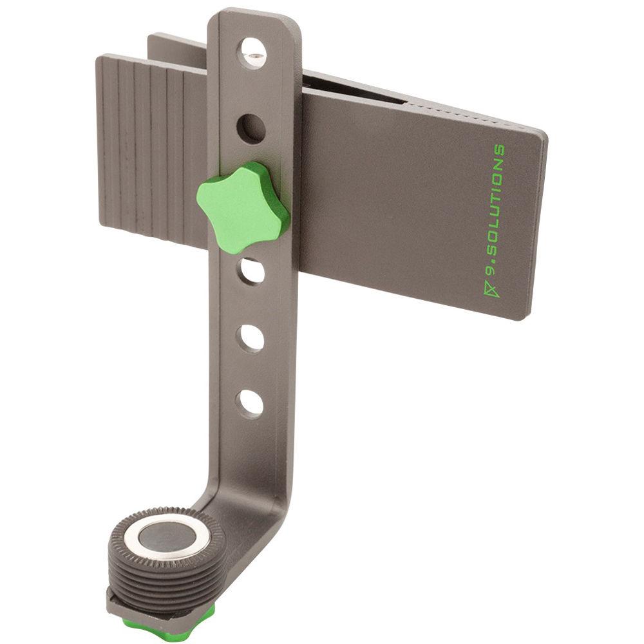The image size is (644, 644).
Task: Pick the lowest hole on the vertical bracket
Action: coord(252,402)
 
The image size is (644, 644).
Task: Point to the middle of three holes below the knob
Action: coord(252,337)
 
